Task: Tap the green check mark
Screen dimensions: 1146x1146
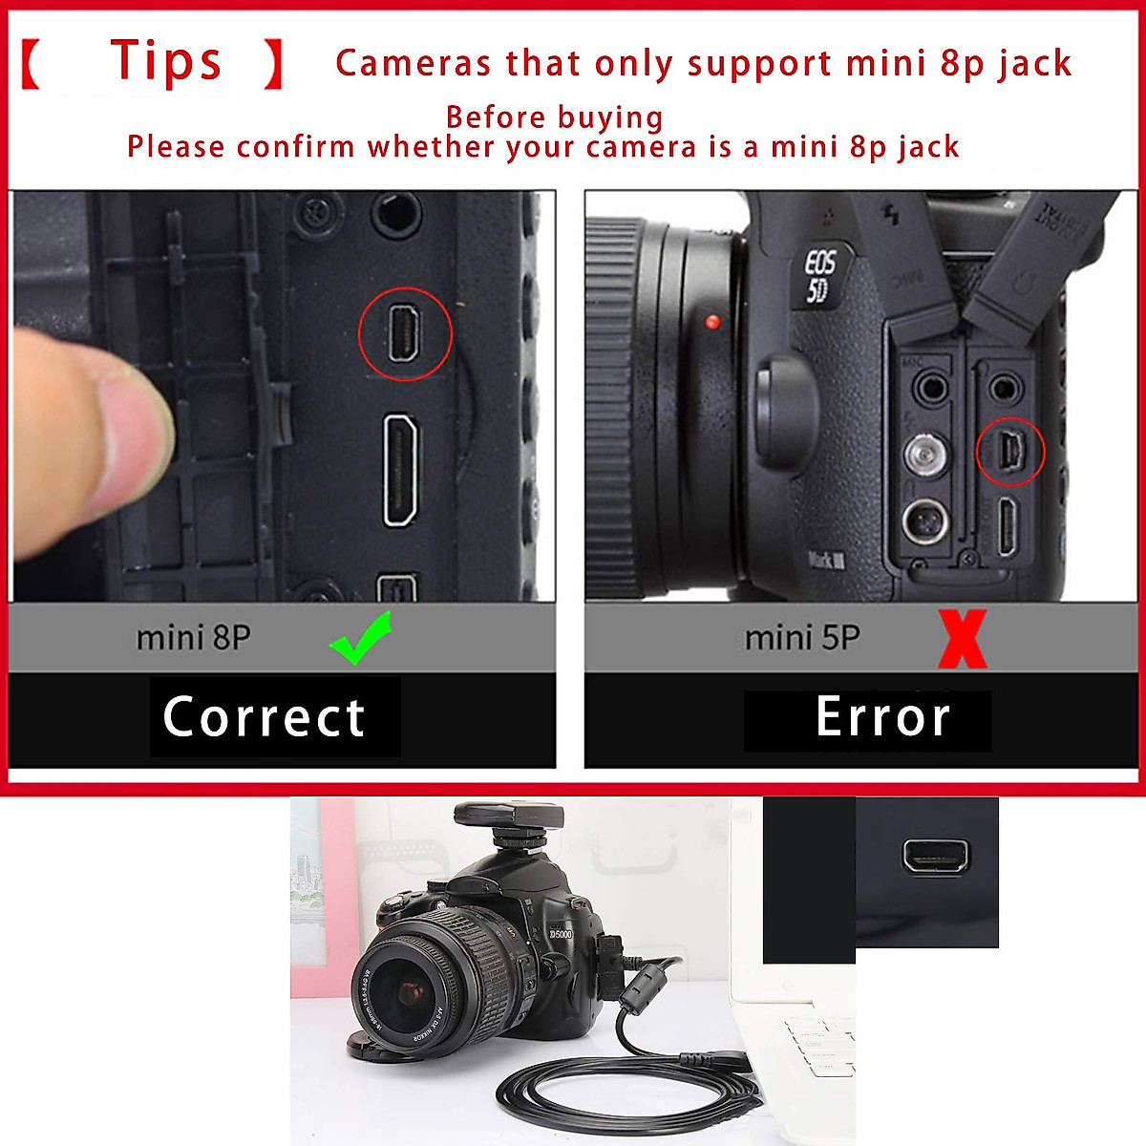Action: click(360, 638)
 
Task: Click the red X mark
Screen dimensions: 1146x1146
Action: click(962, 639)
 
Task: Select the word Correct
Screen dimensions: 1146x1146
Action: click(265, 717)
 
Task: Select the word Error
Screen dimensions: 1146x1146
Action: click(883, 717)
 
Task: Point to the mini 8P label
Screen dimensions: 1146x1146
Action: click(193, 637)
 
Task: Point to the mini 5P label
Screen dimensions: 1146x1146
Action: click(802, 637)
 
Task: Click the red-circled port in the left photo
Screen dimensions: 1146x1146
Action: click(405, 333)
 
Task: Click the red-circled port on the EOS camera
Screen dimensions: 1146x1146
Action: click(1010, 452)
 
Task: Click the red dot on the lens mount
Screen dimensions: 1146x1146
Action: click(712, 322)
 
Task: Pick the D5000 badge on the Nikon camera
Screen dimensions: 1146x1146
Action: click(561, 933)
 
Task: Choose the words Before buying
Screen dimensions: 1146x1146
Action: click(554, 117)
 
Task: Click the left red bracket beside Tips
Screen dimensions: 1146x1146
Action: click(31, 64)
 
